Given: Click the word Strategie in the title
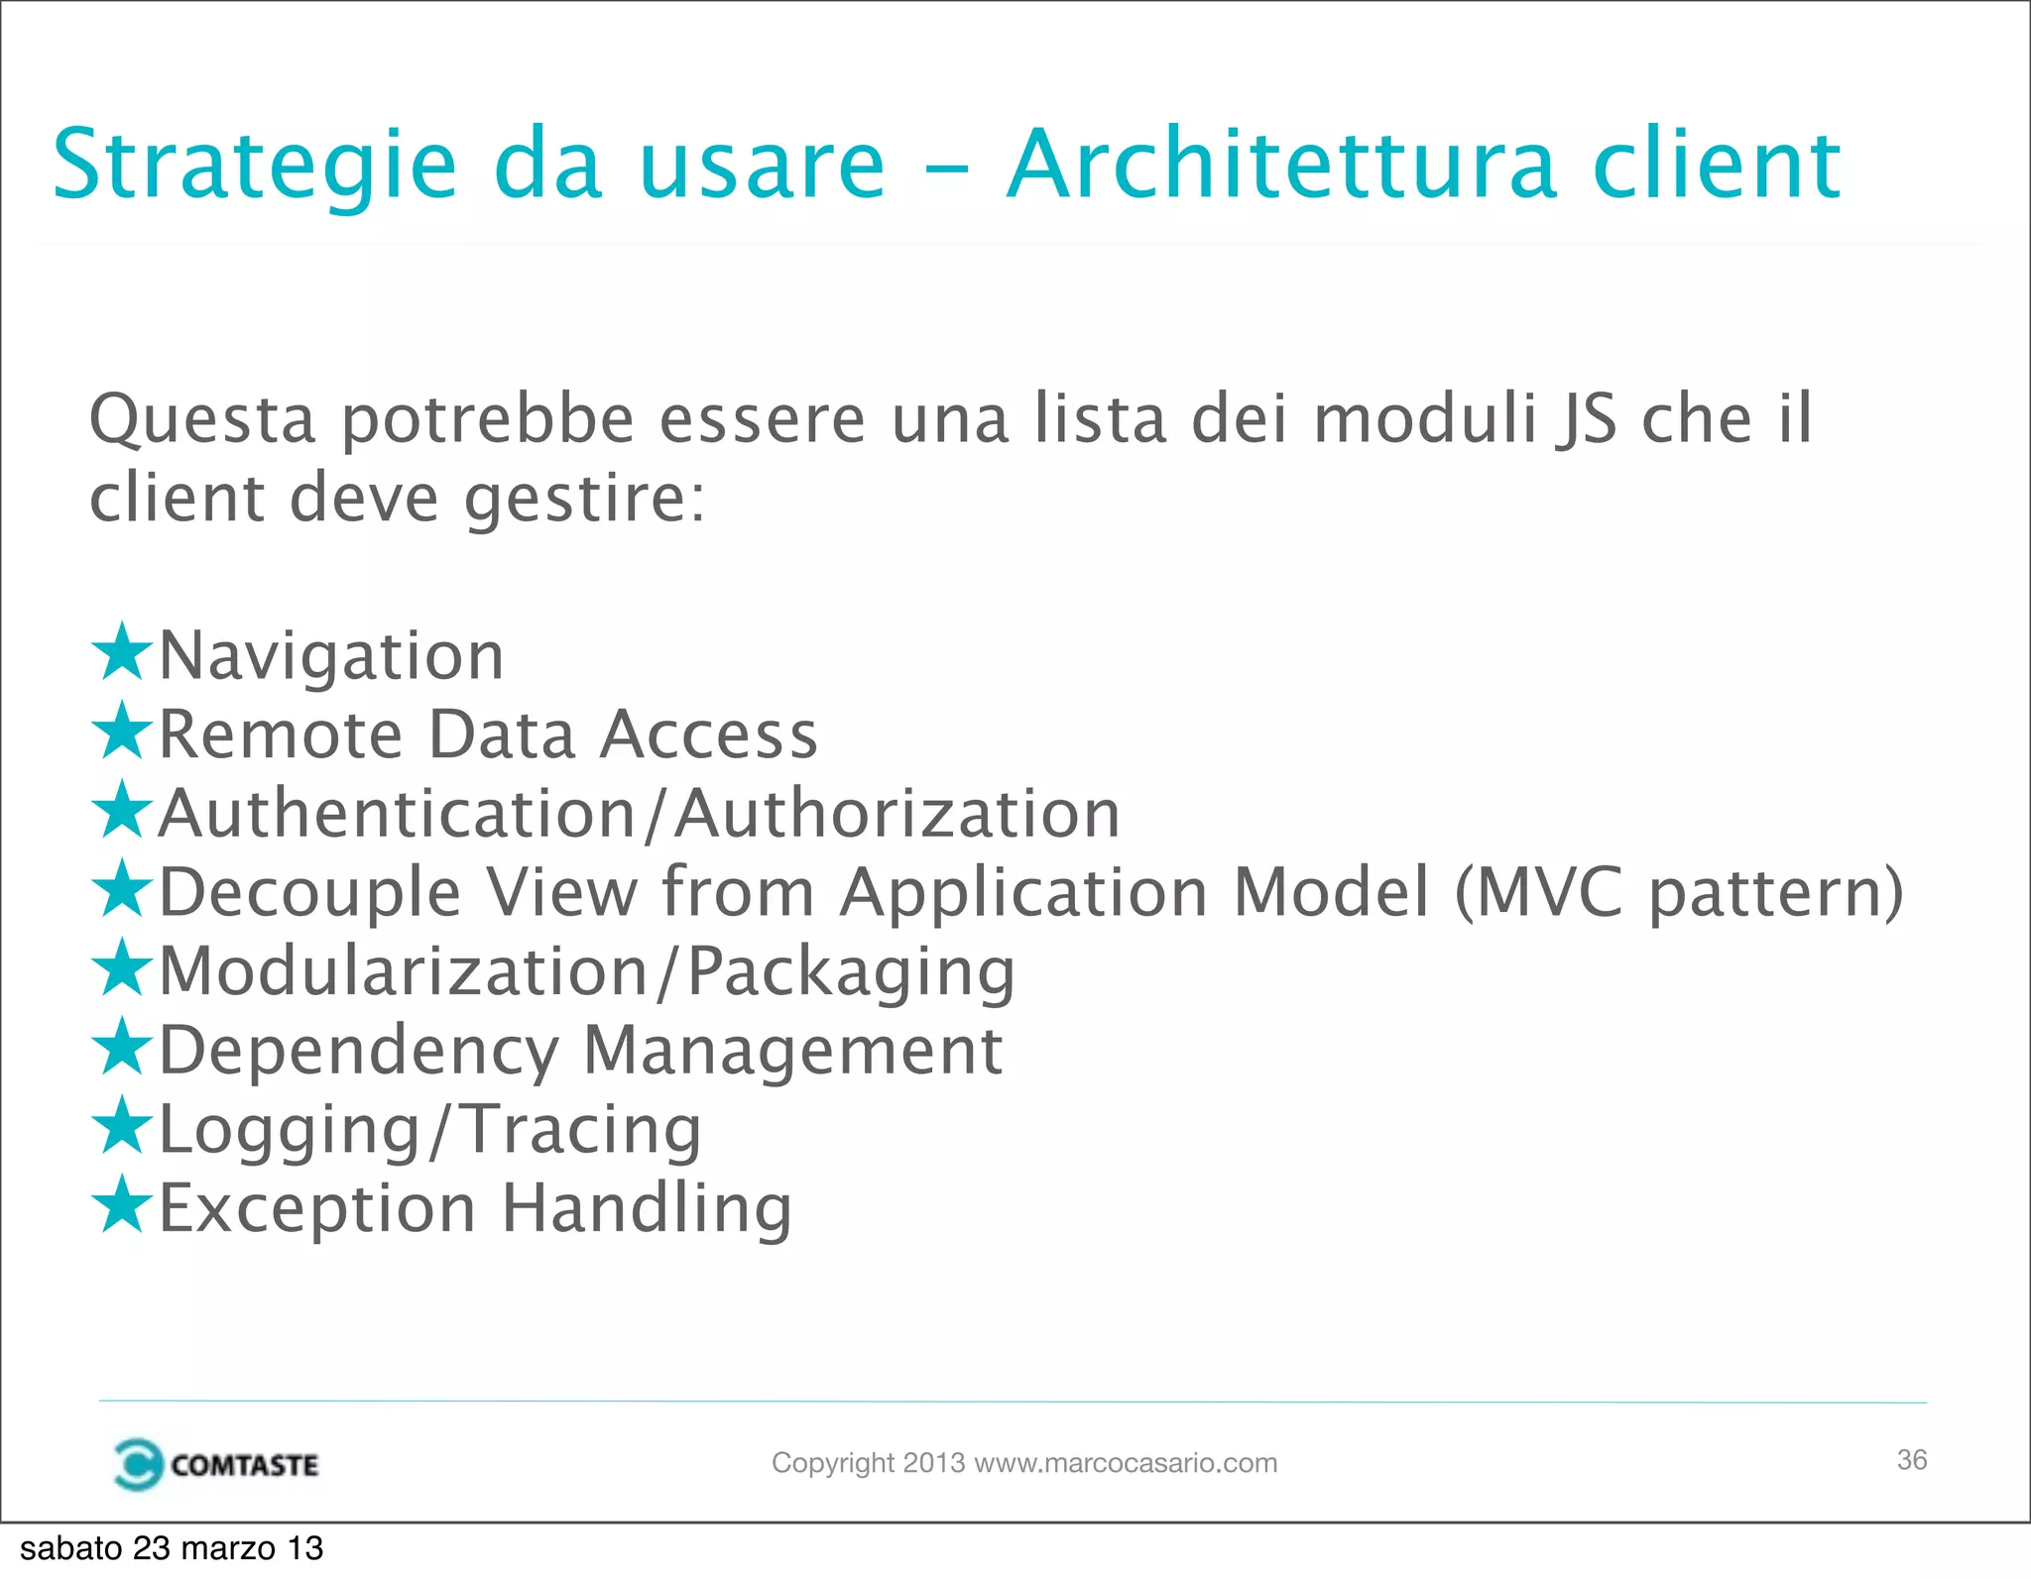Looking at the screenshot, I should (254, 166).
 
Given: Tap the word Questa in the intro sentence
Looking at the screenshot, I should (202, 420).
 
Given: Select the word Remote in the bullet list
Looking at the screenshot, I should (281, 734).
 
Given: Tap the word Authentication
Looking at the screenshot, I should (397, 814).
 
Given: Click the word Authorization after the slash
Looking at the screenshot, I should (897, 814).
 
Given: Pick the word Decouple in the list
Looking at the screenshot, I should (309, 893).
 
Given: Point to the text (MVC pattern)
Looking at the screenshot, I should (1678, 893).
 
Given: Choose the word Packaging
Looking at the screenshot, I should (851, 972).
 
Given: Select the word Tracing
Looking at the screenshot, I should (582, 1130).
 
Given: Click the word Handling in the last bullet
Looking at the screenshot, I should (647, 1209).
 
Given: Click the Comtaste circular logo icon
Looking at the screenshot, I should (138, 1464).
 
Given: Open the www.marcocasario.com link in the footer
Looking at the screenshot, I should (1126, 1463).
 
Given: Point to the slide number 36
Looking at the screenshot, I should (1911, 1460).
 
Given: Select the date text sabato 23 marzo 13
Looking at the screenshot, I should (172, 1548).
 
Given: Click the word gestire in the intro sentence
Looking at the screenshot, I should (585, 499).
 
